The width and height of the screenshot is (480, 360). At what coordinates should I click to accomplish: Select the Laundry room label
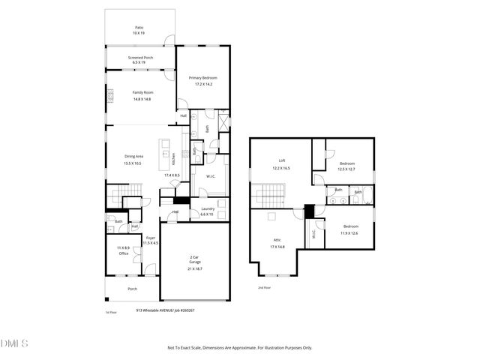pos(207,209)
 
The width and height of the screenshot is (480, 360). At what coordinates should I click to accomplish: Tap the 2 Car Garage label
pos(194,259)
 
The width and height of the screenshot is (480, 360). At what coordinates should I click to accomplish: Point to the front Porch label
pos(132,289)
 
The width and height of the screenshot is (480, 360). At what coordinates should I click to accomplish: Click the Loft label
pos(281,160)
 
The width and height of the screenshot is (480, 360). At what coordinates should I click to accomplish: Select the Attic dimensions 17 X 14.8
pos(277,246)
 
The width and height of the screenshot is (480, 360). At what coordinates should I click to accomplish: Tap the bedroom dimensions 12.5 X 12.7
pos(346,169)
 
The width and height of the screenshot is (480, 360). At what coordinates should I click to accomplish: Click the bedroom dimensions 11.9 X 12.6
pos(350,232)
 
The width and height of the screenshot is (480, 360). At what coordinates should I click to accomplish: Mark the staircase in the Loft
pos(271,198)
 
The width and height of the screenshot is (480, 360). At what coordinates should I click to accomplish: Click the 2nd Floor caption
pos(263,287)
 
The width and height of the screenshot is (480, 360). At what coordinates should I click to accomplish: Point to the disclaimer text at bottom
pos(240,347)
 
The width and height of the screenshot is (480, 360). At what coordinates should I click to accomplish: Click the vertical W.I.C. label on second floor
pos(313,233)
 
